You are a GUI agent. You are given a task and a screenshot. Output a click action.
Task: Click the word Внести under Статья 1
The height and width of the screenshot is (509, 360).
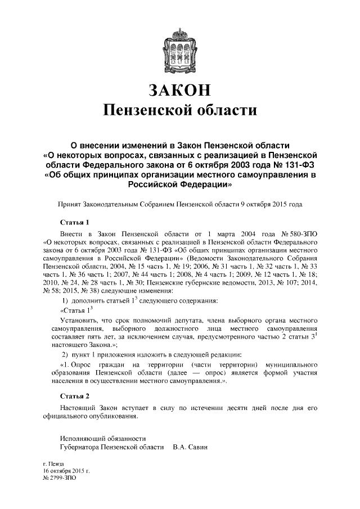[71, 232]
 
